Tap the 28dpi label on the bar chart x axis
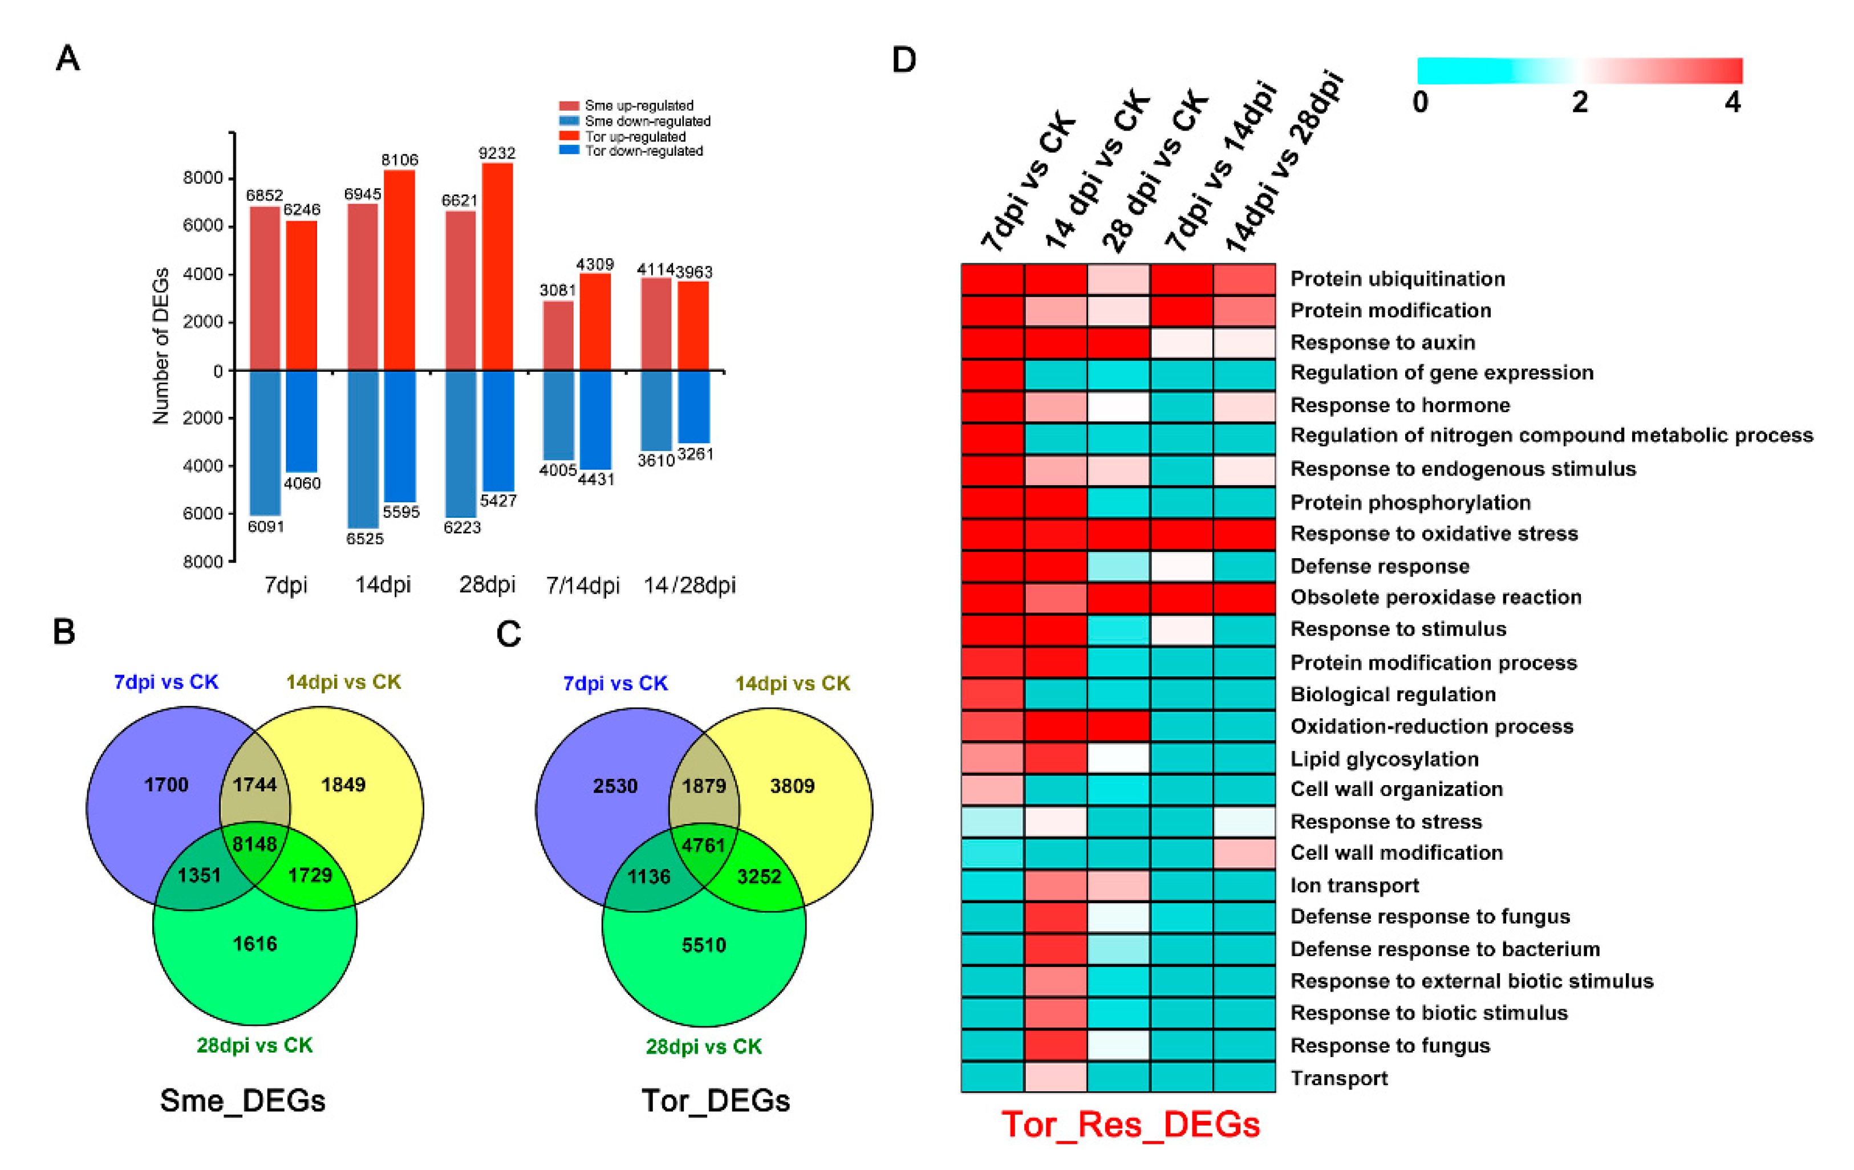pyautogui.click(x=486, y=584)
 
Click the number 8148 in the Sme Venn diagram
pyautogui.click(x=255, y=844)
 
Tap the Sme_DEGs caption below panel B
pyautogui.click(x=242, y=1100)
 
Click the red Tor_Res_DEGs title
pyautogui.click(x=1130, y=1124)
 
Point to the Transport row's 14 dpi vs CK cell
pyautogui.click(x=1056, y=1078)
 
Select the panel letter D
pyautogui.click(x=904, y=60)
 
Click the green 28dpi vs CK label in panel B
pyautogui.click(x=254, y=1045)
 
